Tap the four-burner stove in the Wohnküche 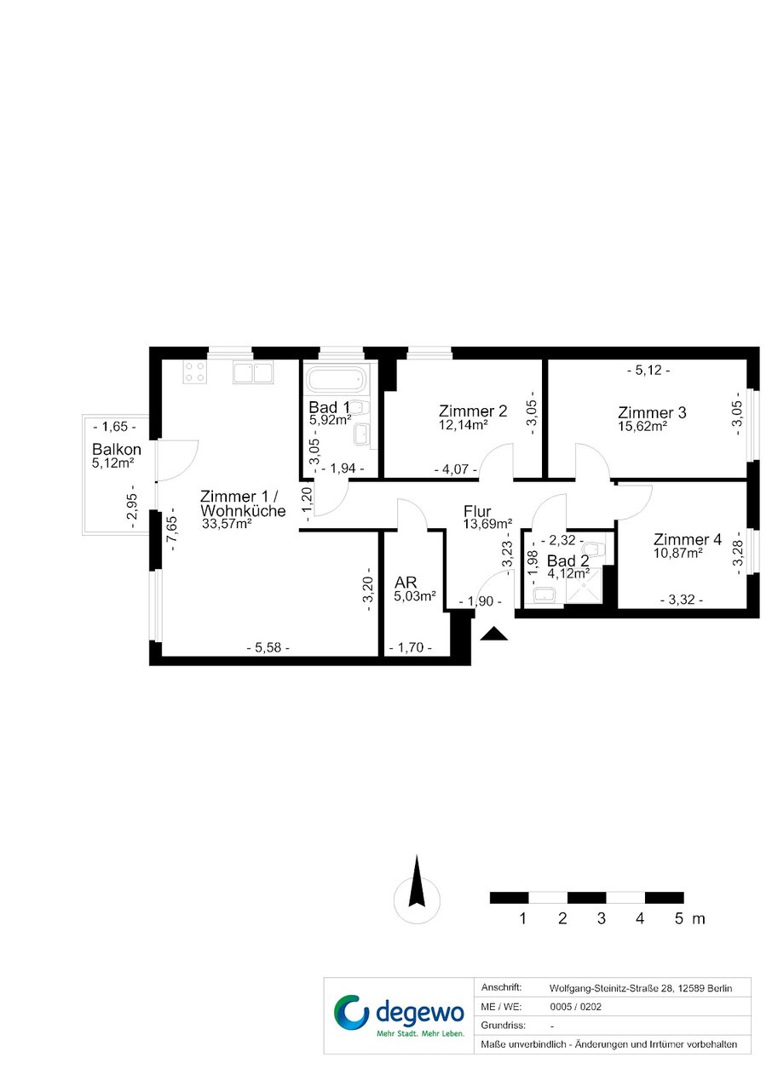tap(194, 372)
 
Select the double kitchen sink tap(252, 372)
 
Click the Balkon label tap(117, 449)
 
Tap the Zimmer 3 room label tap(652, 412)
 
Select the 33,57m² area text tap(227, 524)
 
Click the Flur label tap(477, 511)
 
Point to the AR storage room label tap(406, 583)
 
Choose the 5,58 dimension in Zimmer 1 tap(268, 648)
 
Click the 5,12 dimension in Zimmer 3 tap(648, 371)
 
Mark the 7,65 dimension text tap(173, 529)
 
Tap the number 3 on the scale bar tap(601, 918)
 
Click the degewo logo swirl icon tap(351, 1012)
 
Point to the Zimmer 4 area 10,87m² tap(678, 554)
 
